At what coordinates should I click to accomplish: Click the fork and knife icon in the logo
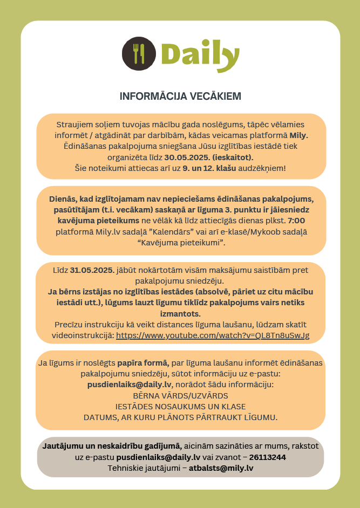[139, 54]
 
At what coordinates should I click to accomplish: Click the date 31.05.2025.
[92, 270]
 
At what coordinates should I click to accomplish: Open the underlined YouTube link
[213, 335]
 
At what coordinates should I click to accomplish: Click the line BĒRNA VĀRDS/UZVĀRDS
[180, 395]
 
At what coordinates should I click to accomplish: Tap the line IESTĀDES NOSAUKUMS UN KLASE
[180, 406]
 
